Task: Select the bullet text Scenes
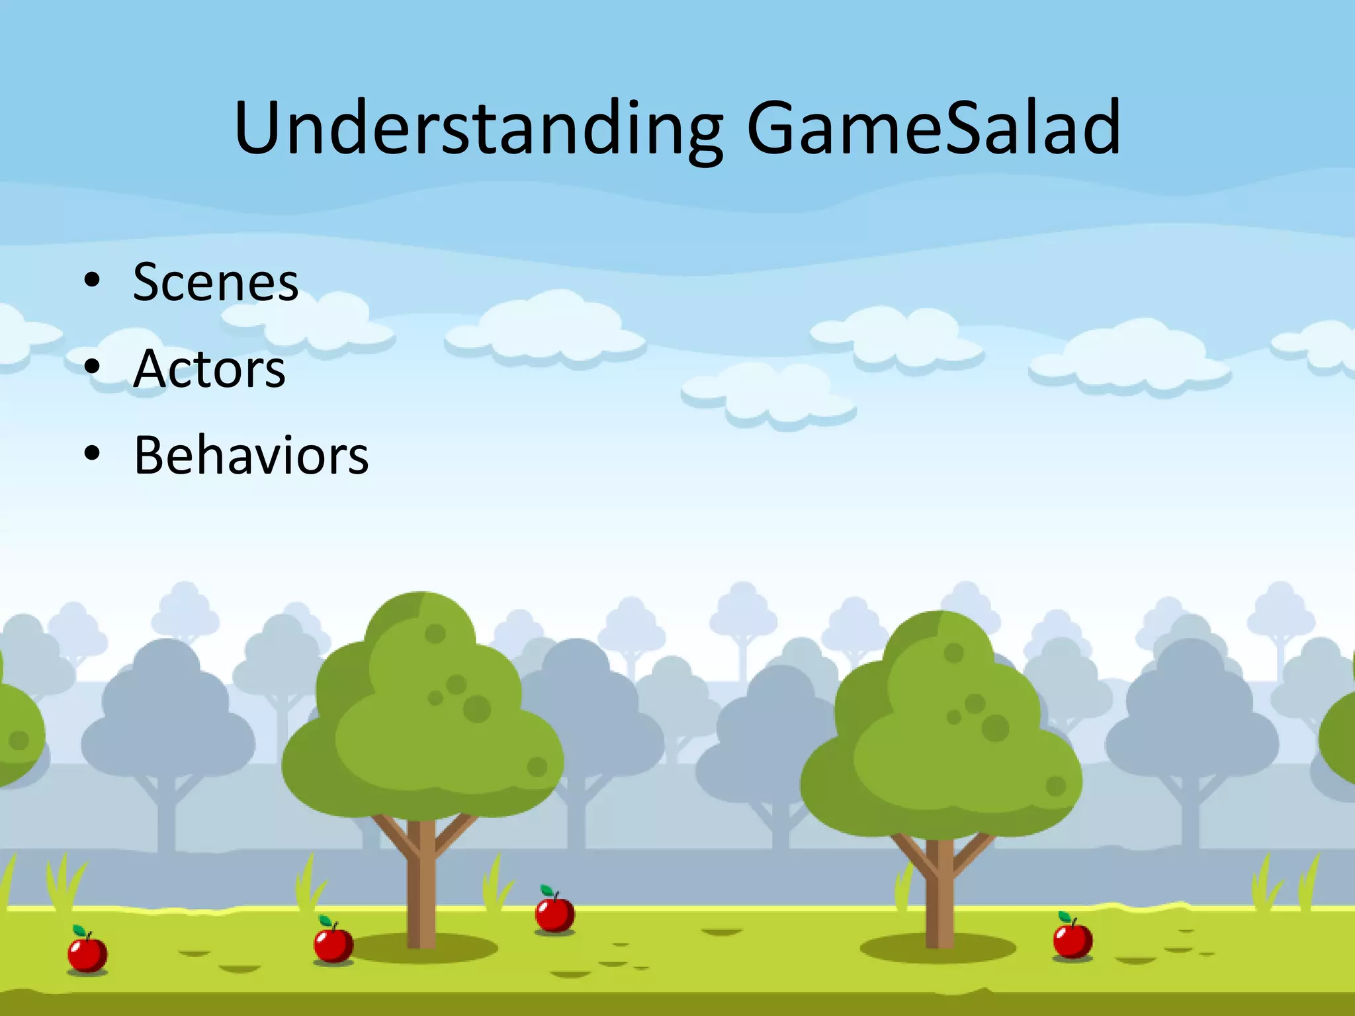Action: (x=216, y=282)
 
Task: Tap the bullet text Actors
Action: (x=209, y=369)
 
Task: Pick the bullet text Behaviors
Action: (x=251, y=456)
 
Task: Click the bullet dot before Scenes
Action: (x=92, y=280)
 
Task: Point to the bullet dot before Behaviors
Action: (x=92, y=454)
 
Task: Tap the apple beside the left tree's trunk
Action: (x=333, y=943)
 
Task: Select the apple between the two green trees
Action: (x=554, y=913)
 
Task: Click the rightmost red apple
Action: (x=1072, y=939)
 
